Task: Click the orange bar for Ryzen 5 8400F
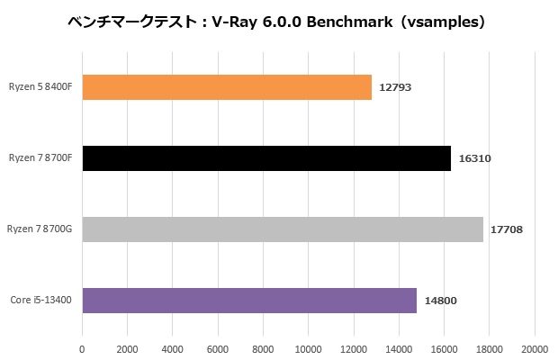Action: click(x=227, y=87)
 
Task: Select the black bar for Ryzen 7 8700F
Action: click(x=266, y=158)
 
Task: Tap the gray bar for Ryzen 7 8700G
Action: click(x=283, y=229)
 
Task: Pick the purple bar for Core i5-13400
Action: click(x=249, y=300)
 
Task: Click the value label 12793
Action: click(x=395, y=87)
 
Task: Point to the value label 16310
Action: click(x=474, y=158)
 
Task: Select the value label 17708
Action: click(x=507, y=229)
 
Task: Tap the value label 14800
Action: click(x=440, y=300)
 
